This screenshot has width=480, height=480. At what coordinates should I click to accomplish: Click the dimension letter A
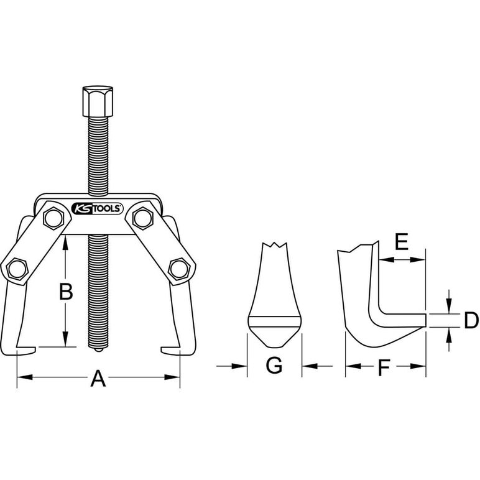(x=98, y=379)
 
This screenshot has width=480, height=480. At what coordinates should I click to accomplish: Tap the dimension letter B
(x=66, y=292)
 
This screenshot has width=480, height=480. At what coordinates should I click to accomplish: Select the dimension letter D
(x=471, y=320)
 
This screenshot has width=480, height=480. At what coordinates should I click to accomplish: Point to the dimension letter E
(x=401, y=241)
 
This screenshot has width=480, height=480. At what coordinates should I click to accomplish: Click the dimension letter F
(x=384, y=367)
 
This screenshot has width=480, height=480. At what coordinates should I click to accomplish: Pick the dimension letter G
(x=274, y=365)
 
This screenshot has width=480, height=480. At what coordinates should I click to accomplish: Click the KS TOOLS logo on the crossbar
(x=97, y=209)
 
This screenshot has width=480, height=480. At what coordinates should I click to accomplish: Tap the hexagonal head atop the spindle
(x=98, y=101)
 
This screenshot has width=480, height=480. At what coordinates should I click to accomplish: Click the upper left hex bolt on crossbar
(x=53, y=218)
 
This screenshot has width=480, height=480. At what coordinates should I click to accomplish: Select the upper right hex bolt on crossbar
(x=142, y=218)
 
